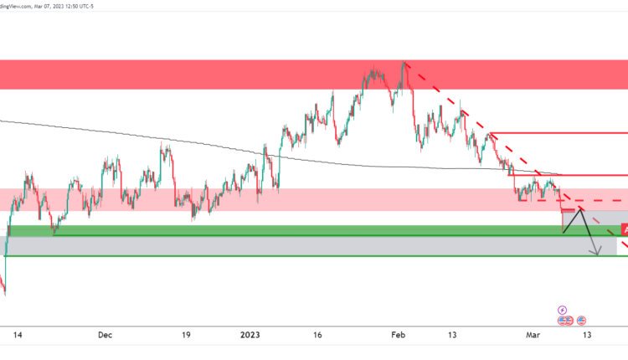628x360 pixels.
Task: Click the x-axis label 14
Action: [18, 335]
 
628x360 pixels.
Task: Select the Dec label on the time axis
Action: [105, 335]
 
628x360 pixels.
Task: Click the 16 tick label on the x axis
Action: [319, 335]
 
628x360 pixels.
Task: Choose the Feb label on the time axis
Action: [399, 335]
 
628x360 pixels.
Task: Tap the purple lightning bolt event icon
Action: [563, 309]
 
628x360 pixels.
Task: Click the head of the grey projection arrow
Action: [596, 254]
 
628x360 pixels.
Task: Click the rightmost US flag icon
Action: [581, 321]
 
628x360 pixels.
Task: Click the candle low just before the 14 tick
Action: [4, 295]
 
